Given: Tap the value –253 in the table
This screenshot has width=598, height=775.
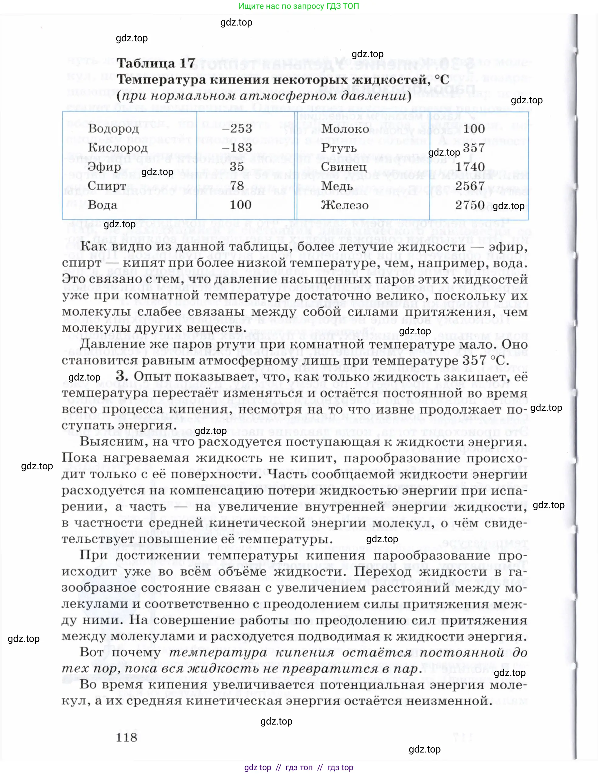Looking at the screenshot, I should (237, 129).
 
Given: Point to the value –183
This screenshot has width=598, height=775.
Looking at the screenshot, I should (237, 148).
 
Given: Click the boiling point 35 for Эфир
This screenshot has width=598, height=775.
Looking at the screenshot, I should (237, 167).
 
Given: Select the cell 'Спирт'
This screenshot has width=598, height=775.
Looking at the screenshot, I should (106, 186).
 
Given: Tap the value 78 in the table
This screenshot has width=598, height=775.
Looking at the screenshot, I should (237, 186).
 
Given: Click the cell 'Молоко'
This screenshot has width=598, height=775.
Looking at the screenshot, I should (345, 129).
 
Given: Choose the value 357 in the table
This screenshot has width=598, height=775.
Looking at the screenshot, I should (473, 148).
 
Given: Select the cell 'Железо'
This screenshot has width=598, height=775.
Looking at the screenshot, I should (344, 205).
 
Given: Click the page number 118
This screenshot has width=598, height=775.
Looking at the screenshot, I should (126, 738).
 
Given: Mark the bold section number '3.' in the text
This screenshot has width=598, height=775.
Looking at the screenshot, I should (122, 377).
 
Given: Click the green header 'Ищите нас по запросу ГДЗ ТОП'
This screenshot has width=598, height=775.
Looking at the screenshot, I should (299, 6).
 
